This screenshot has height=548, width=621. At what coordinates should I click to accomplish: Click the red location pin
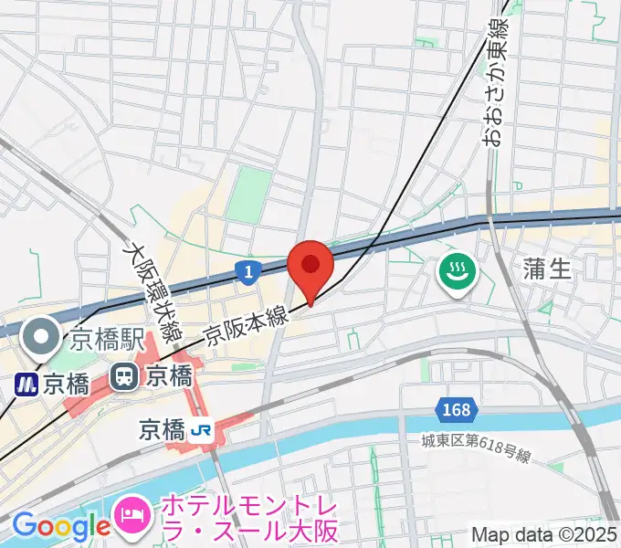(310, 267)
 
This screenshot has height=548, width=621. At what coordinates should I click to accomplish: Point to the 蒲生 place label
(548, 269)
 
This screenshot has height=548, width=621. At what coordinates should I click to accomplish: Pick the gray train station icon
(122, 375)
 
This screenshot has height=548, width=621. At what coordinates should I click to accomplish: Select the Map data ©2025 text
(544, 534)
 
